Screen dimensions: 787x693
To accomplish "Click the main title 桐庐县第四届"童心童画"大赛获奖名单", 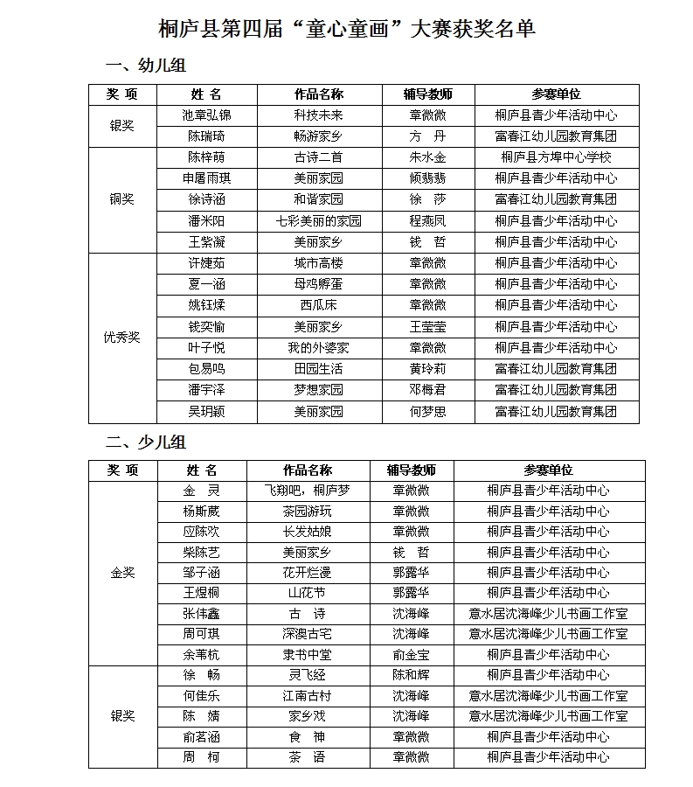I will (x=347, y=29).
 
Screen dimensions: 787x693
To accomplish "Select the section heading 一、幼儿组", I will (x=145, y=66).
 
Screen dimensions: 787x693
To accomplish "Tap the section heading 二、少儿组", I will (x=145, y=442).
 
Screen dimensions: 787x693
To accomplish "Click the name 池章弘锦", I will (x=206, y=115).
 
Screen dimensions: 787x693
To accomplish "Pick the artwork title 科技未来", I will (x=318, y=115).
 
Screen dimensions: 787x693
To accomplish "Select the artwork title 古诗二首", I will (x=318, y=157).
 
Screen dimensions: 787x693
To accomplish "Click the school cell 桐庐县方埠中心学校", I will (x=556, y=157).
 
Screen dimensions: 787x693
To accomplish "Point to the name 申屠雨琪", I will (x=206, y=178).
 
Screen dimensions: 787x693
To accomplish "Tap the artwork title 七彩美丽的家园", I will (x=318, y=221).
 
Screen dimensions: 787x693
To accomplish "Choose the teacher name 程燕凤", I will (x=427, y=221).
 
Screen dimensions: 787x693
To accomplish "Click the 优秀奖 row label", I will (x=122, y=337).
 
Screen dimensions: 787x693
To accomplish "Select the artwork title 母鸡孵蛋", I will (x=318, y=284).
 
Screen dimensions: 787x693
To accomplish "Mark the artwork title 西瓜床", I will (x=318, y=305).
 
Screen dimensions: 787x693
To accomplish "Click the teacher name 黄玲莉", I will (x=427, y=369).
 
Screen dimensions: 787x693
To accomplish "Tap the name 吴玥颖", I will (x=206, y=411).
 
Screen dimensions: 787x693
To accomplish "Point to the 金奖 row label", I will (x=122, y=573).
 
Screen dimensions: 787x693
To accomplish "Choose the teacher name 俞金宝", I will (x=411, y=655).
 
